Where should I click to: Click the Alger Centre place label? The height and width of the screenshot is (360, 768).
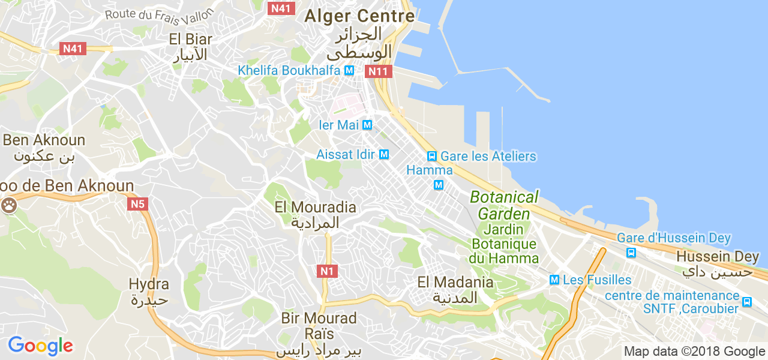[x=359, y=16]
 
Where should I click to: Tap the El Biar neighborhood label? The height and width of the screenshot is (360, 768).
[x=191, y=40]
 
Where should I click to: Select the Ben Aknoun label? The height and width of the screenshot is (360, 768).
[x=44, y=140]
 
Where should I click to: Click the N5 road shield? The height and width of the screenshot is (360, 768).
[x=138, y=205]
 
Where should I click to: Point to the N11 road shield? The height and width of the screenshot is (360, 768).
[x=379, y=72]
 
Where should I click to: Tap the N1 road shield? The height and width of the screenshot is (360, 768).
[x=326, y=271]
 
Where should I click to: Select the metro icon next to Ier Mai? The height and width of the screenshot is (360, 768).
[x=368, y=125]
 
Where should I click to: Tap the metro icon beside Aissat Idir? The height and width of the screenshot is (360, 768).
[x=384, y=155]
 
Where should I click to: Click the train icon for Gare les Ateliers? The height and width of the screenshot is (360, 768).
[x=431, y=156]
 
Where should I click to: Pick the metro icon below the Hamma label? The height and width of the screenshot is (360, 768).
[x=439, y=185]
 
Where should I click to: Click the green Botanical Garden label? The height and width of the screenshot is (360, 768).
[x=504, y=205]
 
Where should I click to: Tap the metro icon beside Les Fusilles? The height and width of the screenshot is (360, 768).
[x=554, y=280]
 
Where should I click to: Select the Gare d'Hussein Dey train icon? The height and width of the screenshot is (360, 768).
[x=631, y=253]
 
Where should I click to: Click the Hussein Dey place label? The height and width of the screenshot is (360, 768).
[x=717, y=256]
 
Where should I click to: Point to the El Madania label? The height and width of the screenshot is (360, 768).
[x=455, y=282]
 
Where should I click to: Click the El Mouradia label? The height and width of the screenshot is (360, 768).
[x=315, y=208]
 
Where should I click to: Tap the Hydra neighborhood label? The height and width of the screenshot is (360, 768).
[x=149, y=284]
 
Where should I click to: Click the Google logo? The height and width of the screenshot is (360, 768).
[x=40, y=346]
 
